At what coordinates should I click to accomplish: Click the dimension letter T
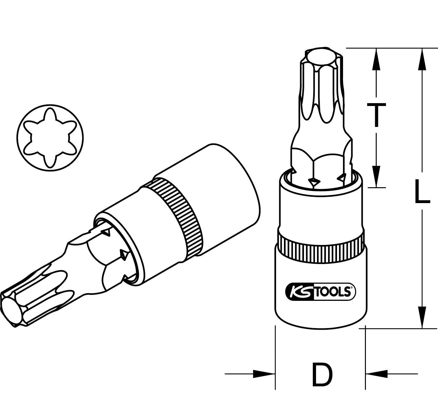tap(376, 115)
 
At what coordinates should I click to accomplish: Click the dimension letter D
tap(322, 374)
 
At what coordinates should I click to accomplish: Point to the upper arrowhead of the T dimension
tap(376, 59)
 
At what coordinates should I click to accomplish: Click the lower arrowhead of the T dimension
tap(376, 176)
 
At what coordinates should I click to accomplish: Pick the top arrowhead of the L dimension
tap(422, 59)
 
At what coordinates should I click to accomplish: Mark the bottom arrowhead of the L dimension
tap(422, 317)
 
